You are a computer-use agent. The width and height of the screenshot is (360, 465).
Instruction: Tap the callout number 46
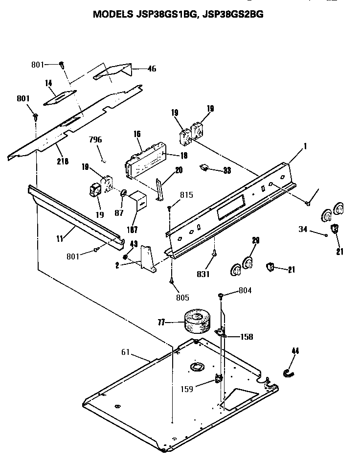pyautogui.click(x=152, y=69)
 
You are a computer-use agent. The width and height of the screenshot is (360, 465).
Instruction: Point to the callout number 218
pyautogui.click(x=63, y=161)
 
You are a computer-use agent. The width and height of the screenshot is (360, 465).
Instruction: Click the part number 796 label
pyautogui.click(x=96, y=139)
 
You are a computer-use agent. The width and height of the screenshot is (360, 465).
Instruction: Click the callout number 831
pyautogui.click(x=202, y=274)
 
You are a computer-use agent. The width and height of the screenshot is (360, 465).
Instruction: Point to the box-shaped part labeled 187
pyautogui.click(x=141, y=200)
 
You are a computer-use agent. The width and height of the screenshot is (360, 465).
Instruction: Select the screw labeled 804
pyautogui.click(x=221, y=296)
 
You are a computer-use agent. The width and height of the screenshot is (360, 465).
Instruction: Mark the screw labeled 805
pyautogui.click(x=172, y=280)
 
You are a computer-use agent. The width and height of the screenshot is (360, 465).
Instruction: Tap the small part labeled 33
pyautogui.click(x=204, y=168)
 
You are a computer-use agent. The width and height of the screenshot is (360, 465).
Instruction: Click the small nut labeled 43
pyautogui.click(x=126, y=256)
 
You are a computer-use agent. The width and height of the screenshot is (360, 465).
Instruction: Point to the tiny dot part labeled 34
pyautogui.click(x=326, y=234)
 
